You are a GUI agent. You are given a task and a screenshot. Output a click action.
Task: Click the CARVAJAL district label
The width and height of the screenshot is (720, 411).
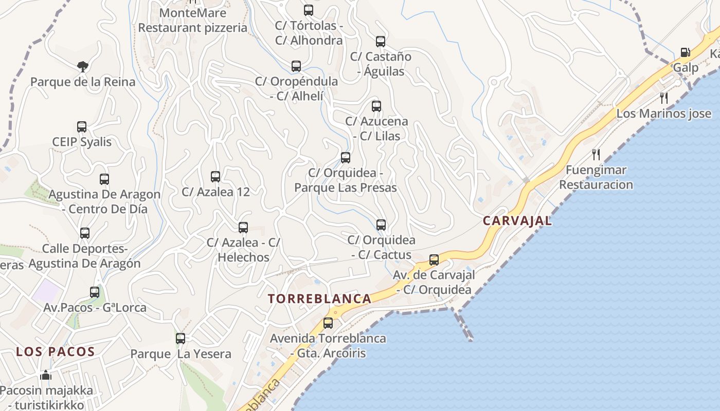tap(517, 221)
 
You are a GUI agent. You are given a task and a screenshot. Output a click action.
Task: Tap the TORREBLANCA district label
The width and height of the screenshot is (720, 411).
tap(319, 298)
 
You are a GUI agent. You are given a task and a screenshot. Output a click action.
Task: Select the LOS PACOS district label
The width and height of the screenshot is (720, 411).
tap(56, 352)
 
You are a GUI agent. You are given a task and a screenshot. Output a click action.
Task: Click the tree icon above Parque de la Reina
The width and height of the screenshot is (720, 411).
tap(82, 66)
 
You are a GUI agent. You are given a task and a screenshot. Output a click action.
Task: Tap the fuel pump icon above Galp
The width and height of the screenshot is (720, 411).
tap(685, 52)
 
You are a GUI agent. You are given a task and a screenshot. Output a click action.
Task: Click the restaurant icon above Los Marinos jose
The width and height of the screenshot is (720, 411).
tap(664, 98)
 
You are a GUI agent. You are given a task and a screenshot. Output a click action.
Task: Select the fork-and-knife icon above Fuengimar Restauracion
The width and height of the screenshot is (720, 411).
tap(596, 154)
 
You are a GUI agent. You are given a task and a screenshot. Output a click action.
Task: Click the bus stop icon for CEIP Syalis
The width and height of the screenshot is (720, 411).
tap(82, 126)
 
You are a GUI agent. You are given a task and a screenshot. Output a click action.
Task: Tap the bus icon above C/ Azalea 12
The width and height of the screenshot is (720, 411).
tap(215, 177)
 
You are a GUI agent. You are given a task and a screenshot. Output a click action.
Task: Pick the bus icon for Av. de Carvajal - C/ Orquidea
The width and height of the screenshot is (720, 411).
tap(434, 260)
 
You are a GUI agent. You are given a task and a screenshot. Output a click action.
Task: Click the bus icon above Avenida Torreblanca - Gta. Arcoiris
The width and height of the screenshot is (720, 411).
tap(328, 323)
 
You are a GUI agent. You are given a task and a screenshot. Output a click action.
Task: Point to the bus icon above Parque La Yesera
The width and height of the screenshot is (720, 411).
tap(181, 339)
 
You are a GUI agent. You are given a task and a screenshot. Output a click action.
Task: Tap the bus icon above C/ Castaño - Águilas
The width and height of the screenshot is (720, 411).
tap(381, 42)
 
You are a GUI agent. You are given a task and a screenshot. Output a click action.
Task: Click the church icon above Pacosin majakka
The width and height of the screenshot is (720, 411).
tap(46, 375)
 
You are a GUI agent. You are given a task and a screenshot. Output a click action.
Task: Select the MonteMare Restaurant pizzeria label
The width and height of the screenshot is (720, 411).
tap(193, 20)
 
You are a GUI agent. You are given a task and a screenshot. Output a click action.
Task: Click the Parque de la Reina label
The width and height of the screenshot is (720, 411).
tap(83, 82)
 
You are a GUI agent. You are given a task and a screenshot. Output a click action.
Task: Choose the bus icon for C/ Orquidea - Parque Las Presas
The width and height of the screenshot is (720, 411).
tap(346, 157)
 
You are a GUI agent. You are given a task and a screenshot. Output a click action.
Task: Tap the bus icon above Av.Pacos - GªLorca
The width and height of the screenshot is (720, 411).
tap(95, 292)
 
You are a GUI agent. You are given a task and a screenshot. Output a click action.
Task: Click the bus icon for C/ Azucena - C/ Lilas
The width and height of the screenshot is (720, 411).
tap(376, 106)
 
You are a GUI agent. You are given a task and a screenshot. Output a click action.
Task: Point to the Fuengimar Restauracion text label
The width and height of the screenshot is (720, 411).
tap(596, 177)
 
